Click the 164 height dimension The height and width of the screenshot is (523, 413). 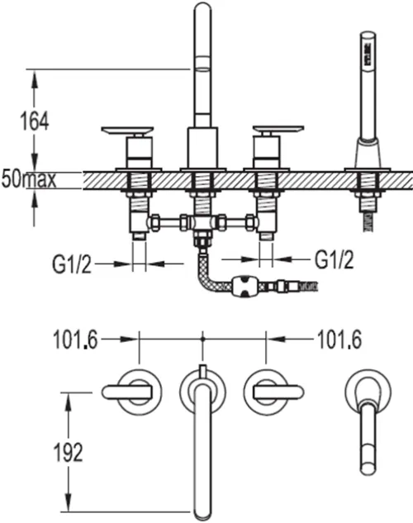35,121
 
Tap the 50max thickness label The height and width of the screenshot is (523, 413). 29,179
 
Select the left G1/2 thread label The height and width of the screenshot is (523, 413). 71,264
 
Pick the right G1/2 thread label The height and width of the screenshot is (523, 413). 335,259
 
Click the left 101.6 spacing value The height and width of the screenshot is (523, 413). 76,340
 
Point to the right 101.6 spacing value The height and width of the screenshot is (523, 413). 339,340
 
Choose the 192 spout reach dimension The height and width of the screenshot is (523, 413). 68,453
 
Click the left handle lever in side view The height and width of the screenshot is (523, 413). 127,131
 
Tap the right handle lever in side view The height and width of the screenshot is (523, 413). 278,130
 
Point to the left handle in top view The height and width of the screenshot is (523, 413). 127,392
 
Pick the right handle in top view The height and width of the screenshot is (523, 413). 278,392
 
